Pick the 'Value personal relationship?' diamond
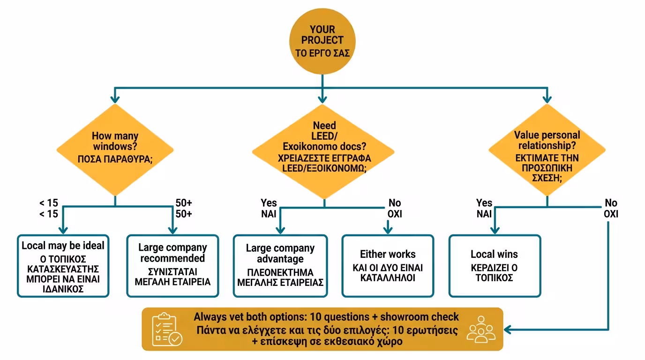547,150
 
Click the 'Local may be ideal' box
63,266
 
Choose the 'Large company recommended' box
172,266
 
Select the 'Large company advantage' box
280,266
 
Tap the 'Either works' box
388,266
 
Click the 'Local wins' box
495,266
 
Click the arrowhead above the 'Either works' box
388,230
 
